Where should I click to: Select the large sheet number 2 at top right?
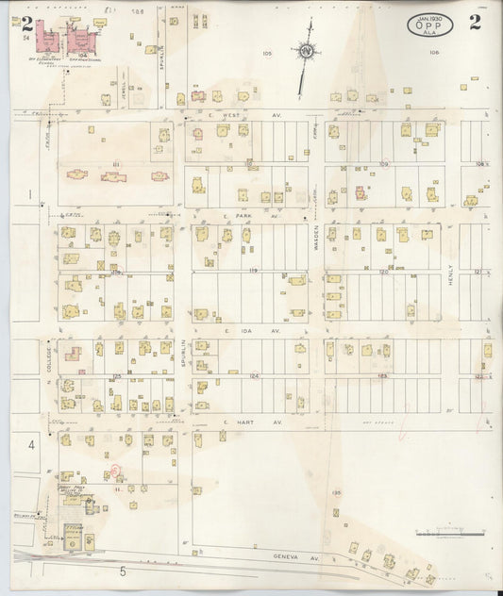pyautogui.click(x=474, y=24)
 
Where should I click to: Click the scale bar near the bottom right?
pyautogui.click(x=450, y=534)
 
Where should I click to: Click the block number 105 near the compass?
pyautogui.click(x=267, y=53)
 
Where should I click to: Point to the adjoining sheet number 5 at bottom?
pyautogui.click(x=122, y=571)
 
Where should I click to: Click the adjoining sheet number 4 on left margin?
pyautogui.click(x=31, y=443)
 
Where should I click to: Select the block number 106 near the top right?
pyautogui.click(x=434, y=53)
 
